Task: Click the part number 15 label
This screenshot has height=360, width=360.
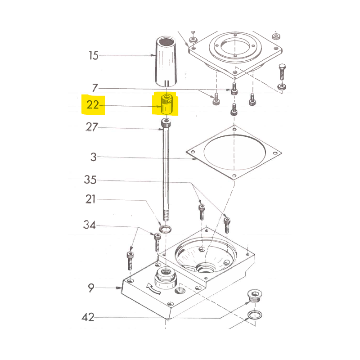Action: [94, 56]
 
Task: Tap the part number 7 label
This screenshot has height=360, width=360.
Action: [95, 88]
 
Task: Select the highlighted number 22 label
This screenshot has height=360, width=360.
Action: [93, 105]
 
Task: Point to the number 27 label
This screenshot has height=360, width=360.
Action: [92, 127]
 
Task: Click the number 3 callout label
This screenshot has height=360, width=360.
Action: [94, 157]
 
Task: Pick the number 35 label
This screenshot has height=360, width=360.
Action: [90, 180]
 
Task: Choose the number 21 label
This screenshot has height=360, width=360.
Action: [90, 199]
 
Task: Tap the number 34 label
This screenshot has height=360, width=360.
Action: [89, 225]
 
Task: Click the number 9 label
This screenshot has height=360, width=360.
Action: [91, 288]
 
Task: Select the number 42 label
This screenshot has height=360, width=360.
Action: [88, 317]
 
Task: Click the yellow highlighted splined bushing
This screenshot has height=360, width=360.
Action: [166, 104]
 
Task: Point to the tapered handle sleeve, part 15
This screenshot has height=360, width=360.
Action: [166, 61]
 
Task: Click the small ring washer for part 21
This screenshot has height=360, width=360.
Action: [165, 229]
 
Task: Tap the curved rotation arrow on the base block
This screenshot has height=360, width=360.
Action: [153, 288]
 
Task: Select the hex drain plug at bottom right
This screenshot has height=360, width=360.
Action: [255, 296]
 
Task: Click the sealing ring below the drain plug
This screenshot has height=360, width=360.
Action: [255, 315]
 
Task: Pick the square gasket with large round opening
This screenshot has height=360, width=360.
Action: [234, 153]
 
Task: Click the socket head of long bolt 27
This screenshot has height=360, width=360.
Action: [166, 123]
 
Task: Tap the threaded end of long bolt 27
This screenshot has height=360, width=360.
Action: [166, 214]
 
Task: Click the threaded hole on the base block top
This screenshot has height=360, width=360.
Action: [180, 291]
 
